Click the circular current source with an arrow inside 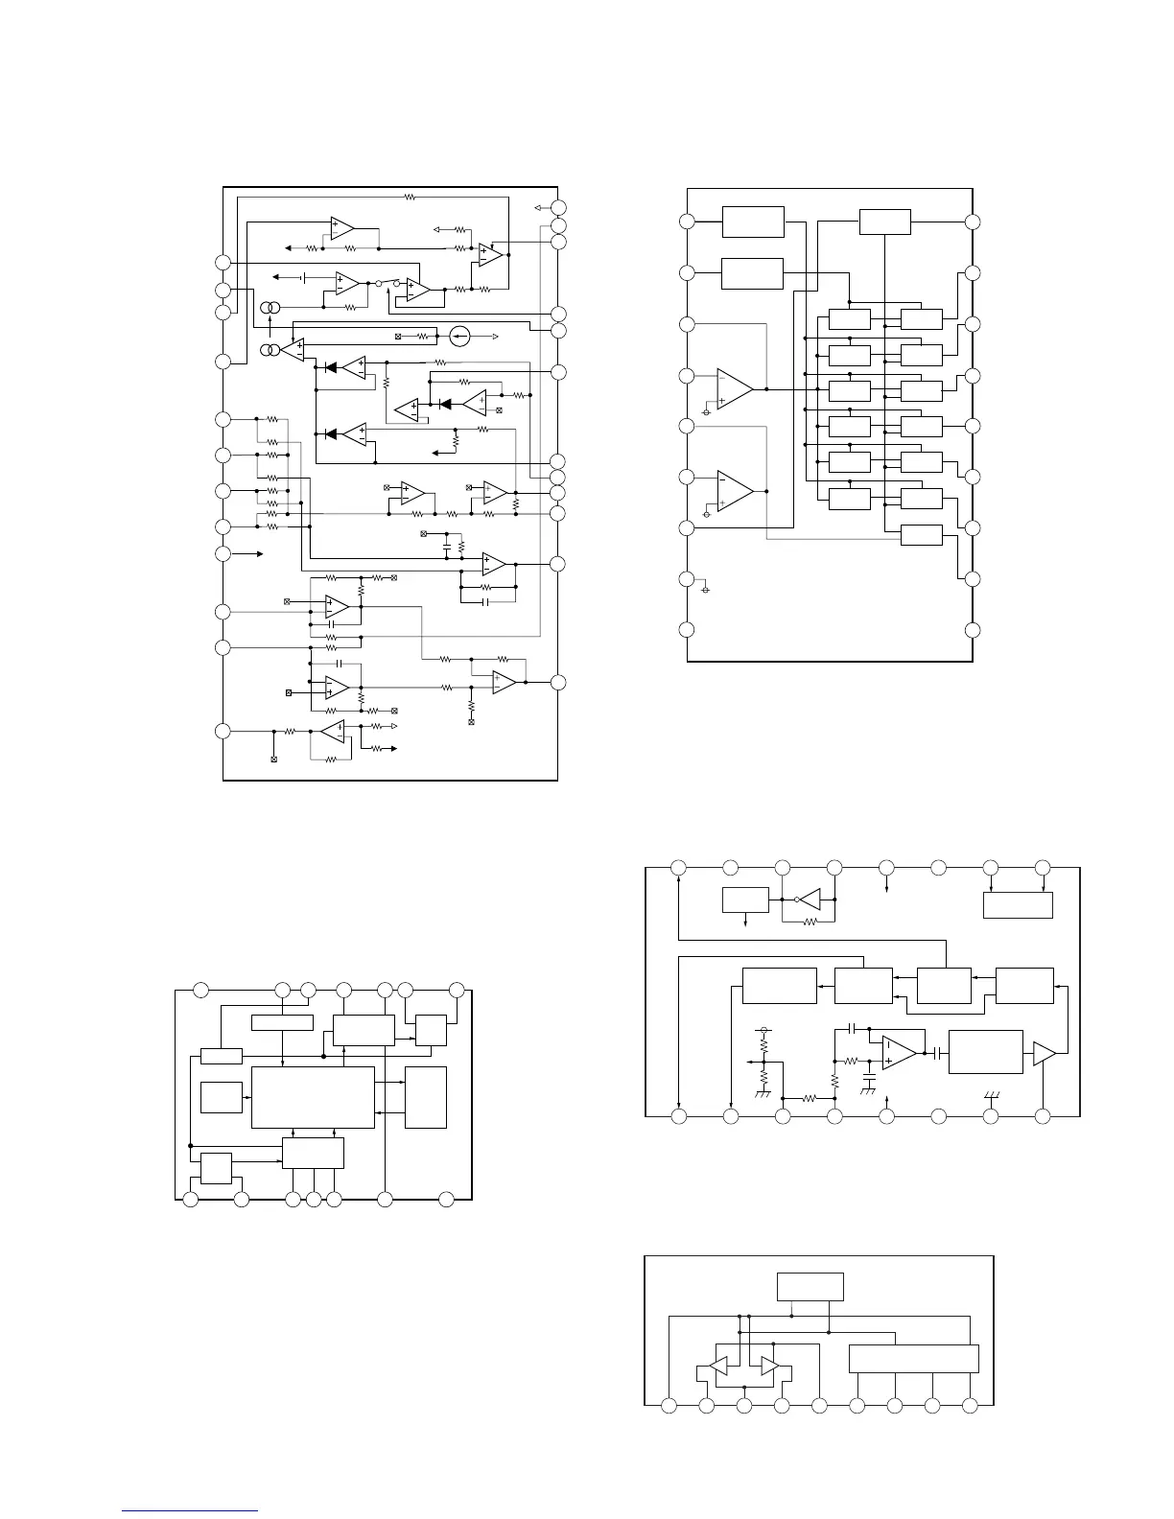(459, 337)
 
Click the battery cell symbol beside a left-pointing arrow (303, 277)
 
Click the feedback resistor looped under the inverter (808, 923)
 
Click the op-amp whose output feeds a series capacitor (900, 1052)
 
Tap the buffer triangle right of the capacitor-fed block (1044, 1053)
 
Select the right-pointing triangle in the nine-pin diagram (769, 1366)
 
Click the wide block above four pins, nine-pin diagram (914, 1358)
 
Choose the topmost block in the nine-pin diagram (810, 1286)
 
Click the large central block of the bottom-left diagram (313, 1097)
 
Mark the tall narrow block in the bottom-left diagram (426, 1097)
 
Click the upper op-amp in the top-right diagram (735, 389)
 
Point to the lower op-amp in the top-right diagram (735, 490)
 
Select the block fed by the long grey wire (922, 535)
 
